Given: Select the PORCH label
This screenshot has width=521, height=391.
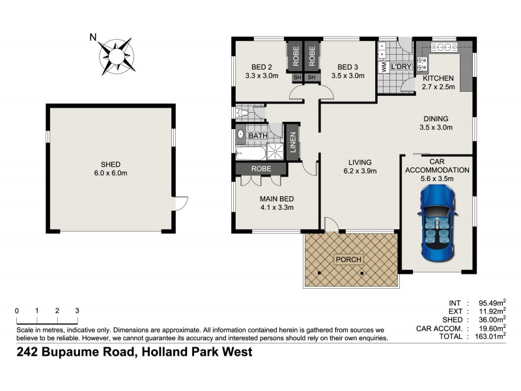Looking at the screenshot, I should point(348,259).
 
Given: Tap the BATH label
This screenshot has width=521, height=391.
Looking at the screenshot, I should point(257,136).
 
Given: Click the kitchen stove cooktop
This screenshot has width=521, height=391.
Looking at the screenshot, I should point(422,64).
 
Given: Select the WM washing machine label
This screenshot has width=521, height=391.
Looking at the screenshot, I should point(384,67).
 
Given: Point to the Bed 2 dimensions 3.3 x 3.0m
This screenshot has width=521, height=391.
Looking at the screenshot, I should point(262,76).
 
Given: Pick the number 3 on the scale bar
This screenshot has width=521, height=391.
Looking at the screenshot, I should point(77,310).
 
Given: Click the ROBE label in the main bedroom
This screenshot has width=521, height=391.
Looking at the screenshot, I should point(261,168).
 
